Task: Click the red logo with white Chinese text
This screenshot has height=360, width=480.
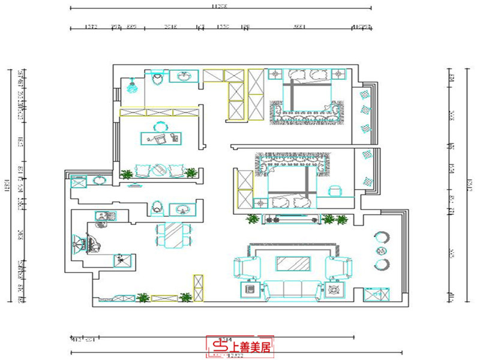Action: coord(240,346)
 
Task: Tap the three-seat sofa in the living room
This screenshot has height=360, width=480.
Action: coord(293,289)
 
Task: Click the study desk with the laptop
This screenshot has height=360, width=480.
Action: coord(161,138)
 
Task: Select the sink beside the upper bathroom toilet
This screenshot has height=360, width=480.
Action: coord(184,76)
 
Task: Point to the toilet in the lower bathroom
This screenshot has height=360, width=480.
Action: coord(158,207)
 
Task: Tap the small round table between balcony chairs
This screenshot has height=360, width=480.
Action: coord(380,250)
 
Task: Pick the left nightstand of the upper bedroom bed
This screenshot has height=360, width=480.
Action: coord(275,74)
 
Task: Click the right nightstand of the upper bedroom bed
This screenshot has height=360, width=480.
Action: coord(340,74)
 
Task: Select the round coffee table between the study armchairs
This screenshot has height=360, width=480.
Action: coord(158,170)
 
